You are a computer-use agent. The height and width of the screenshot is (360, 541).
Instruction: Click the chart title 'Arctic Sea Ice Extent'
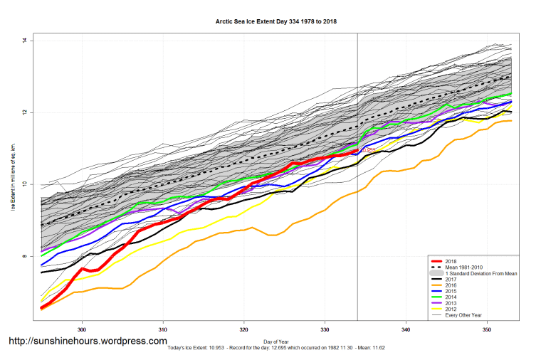276,22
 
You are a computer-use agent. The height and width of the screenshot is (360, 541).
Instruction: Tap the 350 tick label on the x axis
487,329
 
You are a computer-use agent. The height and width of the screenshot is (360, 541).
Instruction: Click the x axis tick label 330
325,329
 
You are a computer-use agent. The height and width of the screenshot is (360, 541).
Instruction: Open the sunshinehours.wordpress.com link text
88,342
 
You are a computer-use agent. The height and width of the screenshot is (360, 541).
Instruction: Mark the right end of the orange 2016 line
511,121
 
